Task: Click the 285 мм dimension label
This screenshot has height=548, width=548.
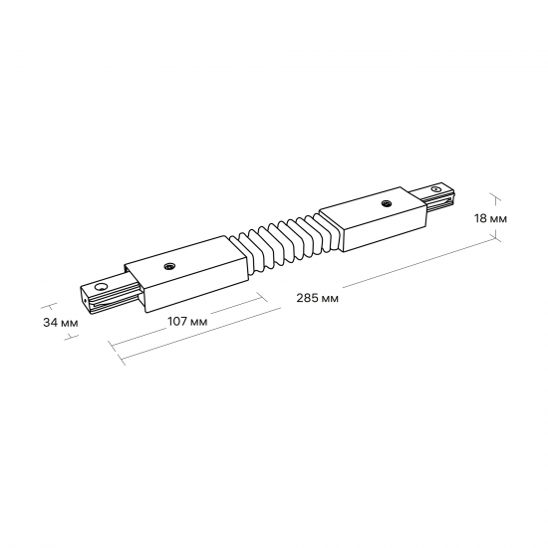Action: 317,298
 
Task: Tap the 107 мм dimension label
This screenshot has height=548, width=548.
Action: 187,321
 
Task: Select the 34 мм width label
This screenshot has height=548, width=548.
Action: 61,322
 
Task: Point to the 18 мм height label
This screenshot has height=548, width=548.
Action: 490,218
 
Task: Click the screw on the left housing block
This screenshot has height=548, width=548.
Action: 169,267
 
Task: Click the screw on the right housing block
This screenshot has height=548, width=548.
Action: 387,203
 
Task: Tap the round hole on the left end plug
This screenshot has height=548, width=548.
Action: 101,287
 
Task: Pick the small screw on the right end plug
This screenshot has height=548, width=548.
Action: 435,189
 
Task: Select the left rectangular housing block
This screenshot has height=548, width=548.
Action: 186,274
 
